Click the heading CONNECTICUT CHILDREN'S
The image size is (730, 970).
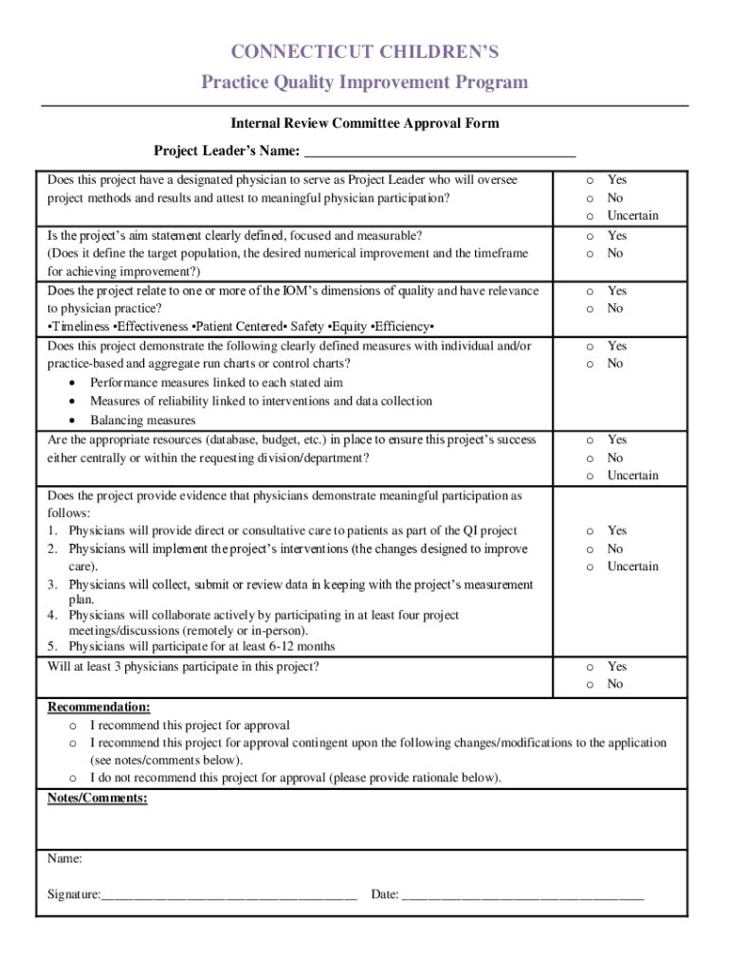pos(365,51)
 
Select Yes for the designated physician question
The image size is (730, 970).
pos(589,180)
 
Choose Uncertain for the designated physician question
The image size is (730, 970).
pos(589,216)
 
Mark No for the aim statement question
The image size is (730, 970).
pos(589,254)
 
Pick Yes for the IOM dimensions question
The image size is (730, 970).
pos(589,292)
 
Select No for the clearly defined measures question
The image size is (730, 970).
pos(589,365)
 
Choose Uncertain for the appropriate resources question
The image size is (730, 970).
pos(589,476)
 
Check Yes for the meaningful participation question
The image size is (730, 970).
pos(589,531)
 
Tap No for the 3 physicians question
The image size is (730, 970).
pos(589,685)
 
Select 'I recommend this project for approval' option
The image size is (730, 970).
pos(73,726)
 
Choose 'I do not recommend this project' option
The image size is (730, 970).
pos(73,779)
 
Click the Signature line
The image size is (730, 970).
pos(228,895)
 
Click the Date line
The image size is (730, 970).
pos(522,895)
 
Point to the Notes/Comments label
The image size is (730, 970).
pos(98,799)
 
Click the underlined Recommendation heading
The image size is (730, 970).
pos(99,708)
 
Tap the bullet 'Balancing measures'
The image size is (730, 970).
pos(142,421)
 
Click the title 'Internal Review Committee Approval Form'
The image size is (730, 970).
pos(365,123)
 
